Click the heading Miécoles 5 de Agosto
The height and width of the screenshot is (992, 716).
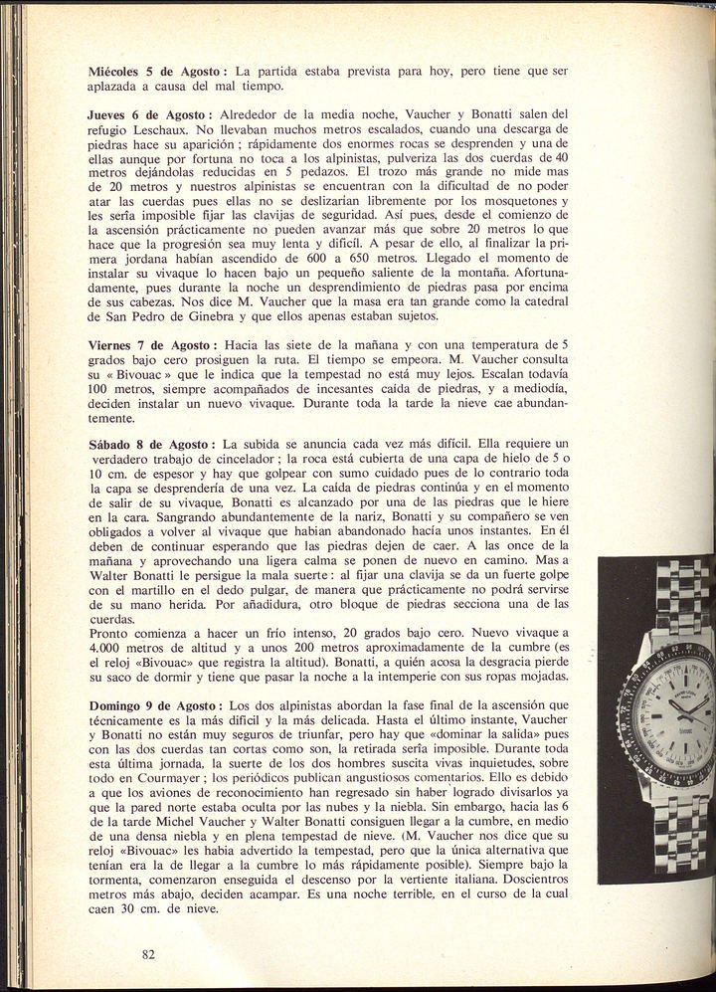158,72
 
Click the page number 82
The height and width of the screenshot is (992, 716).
149,955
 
